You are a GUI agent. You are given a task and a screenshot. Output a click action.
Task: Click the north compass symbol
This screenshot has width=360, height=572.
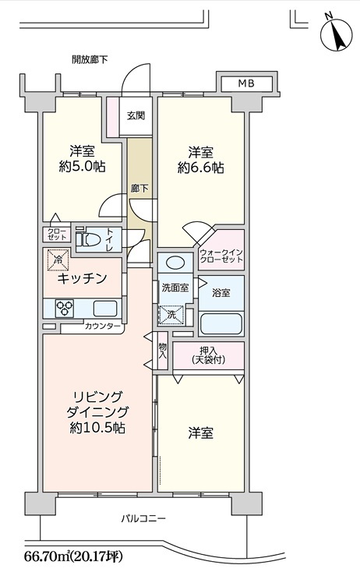click(336, 34)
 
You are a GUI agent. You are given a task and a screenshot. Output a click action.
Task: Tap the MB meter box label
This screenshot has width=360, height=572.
click(246, 83)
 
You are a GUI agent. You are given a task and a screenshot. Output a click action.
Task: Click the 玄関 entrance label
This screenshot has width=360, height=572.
click(136, 115)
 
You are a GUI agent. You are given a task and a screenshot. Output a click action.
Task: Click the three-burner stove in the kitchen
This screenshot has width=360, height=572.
click(65, 309)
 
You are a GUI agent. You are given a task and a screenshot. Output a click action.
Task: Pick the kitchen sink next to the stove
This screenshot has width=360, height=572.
click(105, 309)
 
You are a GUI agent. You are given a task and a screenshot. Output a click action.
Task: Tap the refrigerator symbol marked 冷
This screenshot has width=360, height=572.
click(58, 260)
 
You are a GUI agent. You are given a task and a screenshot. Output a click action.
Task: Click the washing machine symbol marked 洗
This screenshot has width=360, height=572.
click(171, 315)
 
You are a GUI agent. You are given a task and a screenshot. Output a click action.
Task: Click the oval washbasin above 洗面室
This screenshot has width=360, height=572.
click(175, 263)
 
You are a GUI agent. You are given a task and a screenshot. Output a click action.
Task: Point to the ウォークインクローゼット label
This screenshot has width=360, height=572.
click(221, 256)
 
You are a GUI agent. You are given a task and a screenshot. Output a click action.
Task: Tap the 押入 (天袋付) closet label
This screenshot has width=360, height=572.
click(208, 355)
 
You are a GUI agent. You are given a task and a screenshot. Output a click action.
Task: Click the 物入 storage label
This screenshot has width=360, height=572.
click(163, 351)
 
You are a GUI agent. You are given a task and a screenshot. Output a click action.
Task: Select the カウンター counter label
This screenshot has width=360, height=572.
click(103, 326)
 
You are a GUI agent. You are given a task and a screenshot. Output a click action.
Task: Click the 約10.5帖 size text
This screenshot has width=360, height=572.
click(97, 427)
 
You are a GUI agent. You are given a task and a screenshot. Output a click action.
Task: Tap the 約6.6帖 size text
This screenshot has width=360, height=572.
click(201, 168)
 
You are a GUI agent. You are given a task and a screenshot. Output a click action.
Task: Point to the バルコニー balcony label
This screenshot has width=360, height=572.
click(143, 518)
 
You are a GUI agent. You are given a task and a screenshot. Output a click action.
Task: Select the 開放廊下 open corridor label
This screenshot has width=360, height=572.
click(90, 59)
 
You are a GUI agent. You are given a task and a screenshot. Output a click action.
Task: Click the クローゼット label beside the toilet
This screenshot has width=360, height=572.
click(57, 235)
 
